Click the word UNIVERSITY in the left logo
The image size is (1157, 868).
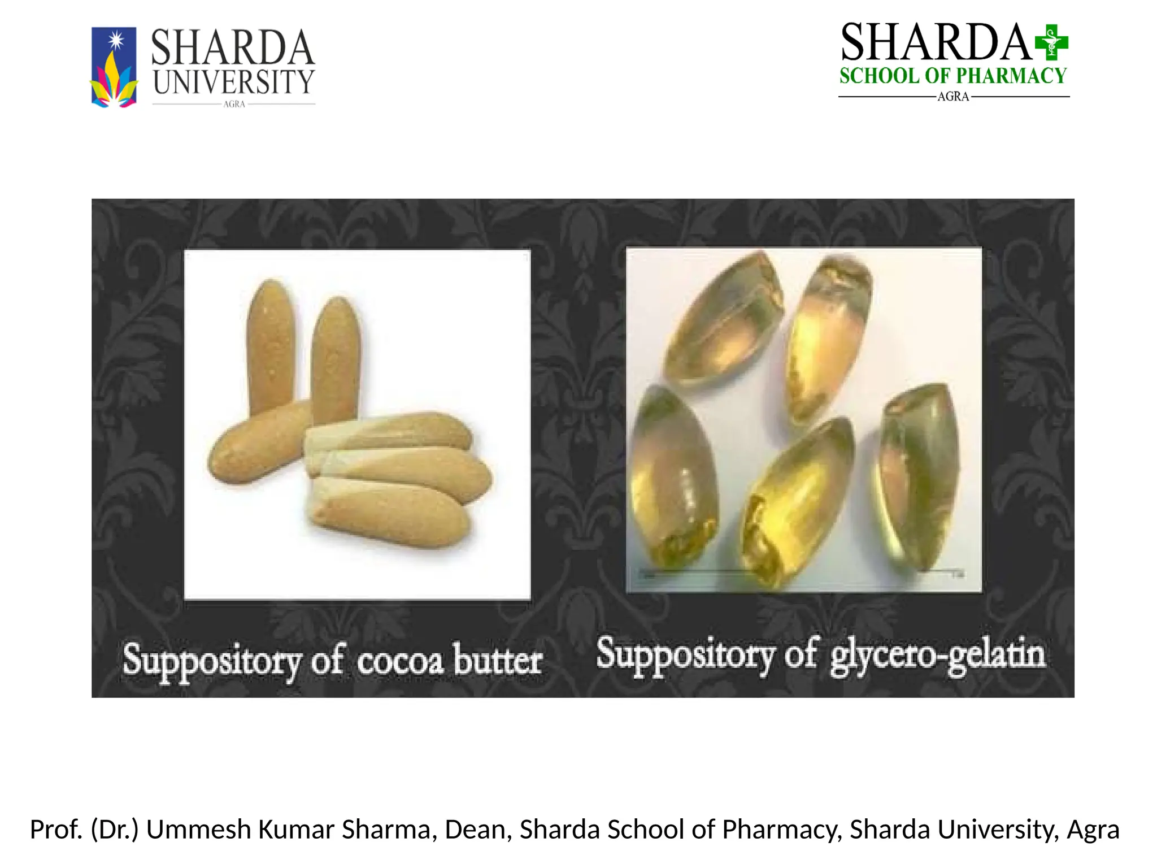233,83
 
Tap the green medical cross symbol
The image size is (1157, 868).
1051,42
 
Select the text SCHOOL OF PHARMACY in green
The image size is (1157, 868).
952,76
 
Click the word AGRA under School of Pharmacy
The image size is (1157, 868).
953,97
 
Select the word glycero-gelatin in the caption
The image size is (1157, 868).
937,656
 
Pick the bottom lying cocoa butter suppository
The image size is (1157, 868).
390,511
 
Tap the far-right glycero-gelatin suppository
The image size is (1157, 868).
915,475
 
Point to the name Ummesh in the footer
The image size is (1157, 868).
198,830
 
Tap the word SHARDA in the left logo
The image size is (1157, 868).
232,48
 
